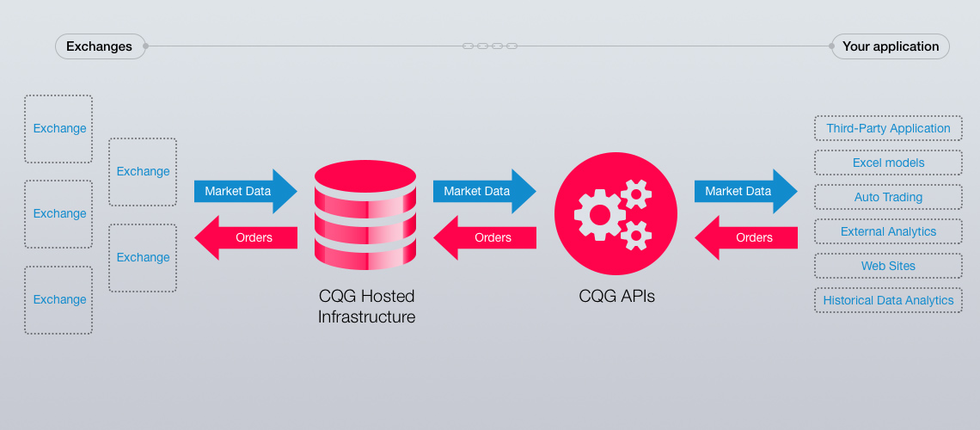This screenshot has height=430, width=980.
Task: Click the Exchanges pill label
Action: coord(99,46)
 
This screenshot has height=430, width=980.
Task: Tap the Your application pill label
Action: coord(890,46)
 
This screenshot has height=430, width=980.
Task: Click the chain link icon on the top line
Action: coord(490,46)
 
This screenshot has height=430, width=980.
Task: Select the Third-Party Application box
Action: coord(888,128)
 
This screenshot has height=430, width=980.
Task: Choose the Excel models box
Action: coord(888,163)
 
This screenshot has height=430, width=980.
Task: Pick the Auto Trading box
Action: coord(888,197)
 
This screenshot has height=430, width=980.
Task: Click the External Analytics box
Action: coord(888,231)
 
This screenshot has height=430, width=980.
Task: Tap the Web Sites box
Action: coord(888,266)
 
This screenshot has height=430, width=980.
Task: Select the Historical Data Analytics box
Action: coord(888,300)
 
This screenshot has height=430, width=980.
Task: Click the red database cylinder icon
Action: coord(365,215)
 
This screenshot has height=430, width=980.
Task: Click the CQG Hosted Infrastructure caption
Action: coord(366,306)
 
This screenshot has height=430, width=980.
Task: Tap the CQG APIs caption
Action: coord(616,297)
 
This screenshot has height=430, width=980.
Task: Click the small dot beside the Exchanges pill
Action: coord(145,46)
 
